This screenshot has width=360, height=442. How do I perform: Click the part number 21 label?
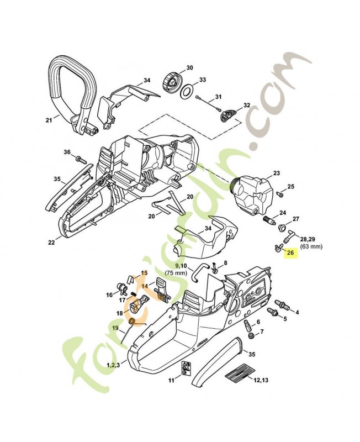49,119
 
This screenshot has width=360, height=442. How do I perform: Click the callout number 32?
247,105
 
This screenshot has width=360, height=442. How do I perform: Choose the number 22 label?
51,241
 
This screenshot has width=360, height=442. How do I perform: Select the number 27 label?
295,219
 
